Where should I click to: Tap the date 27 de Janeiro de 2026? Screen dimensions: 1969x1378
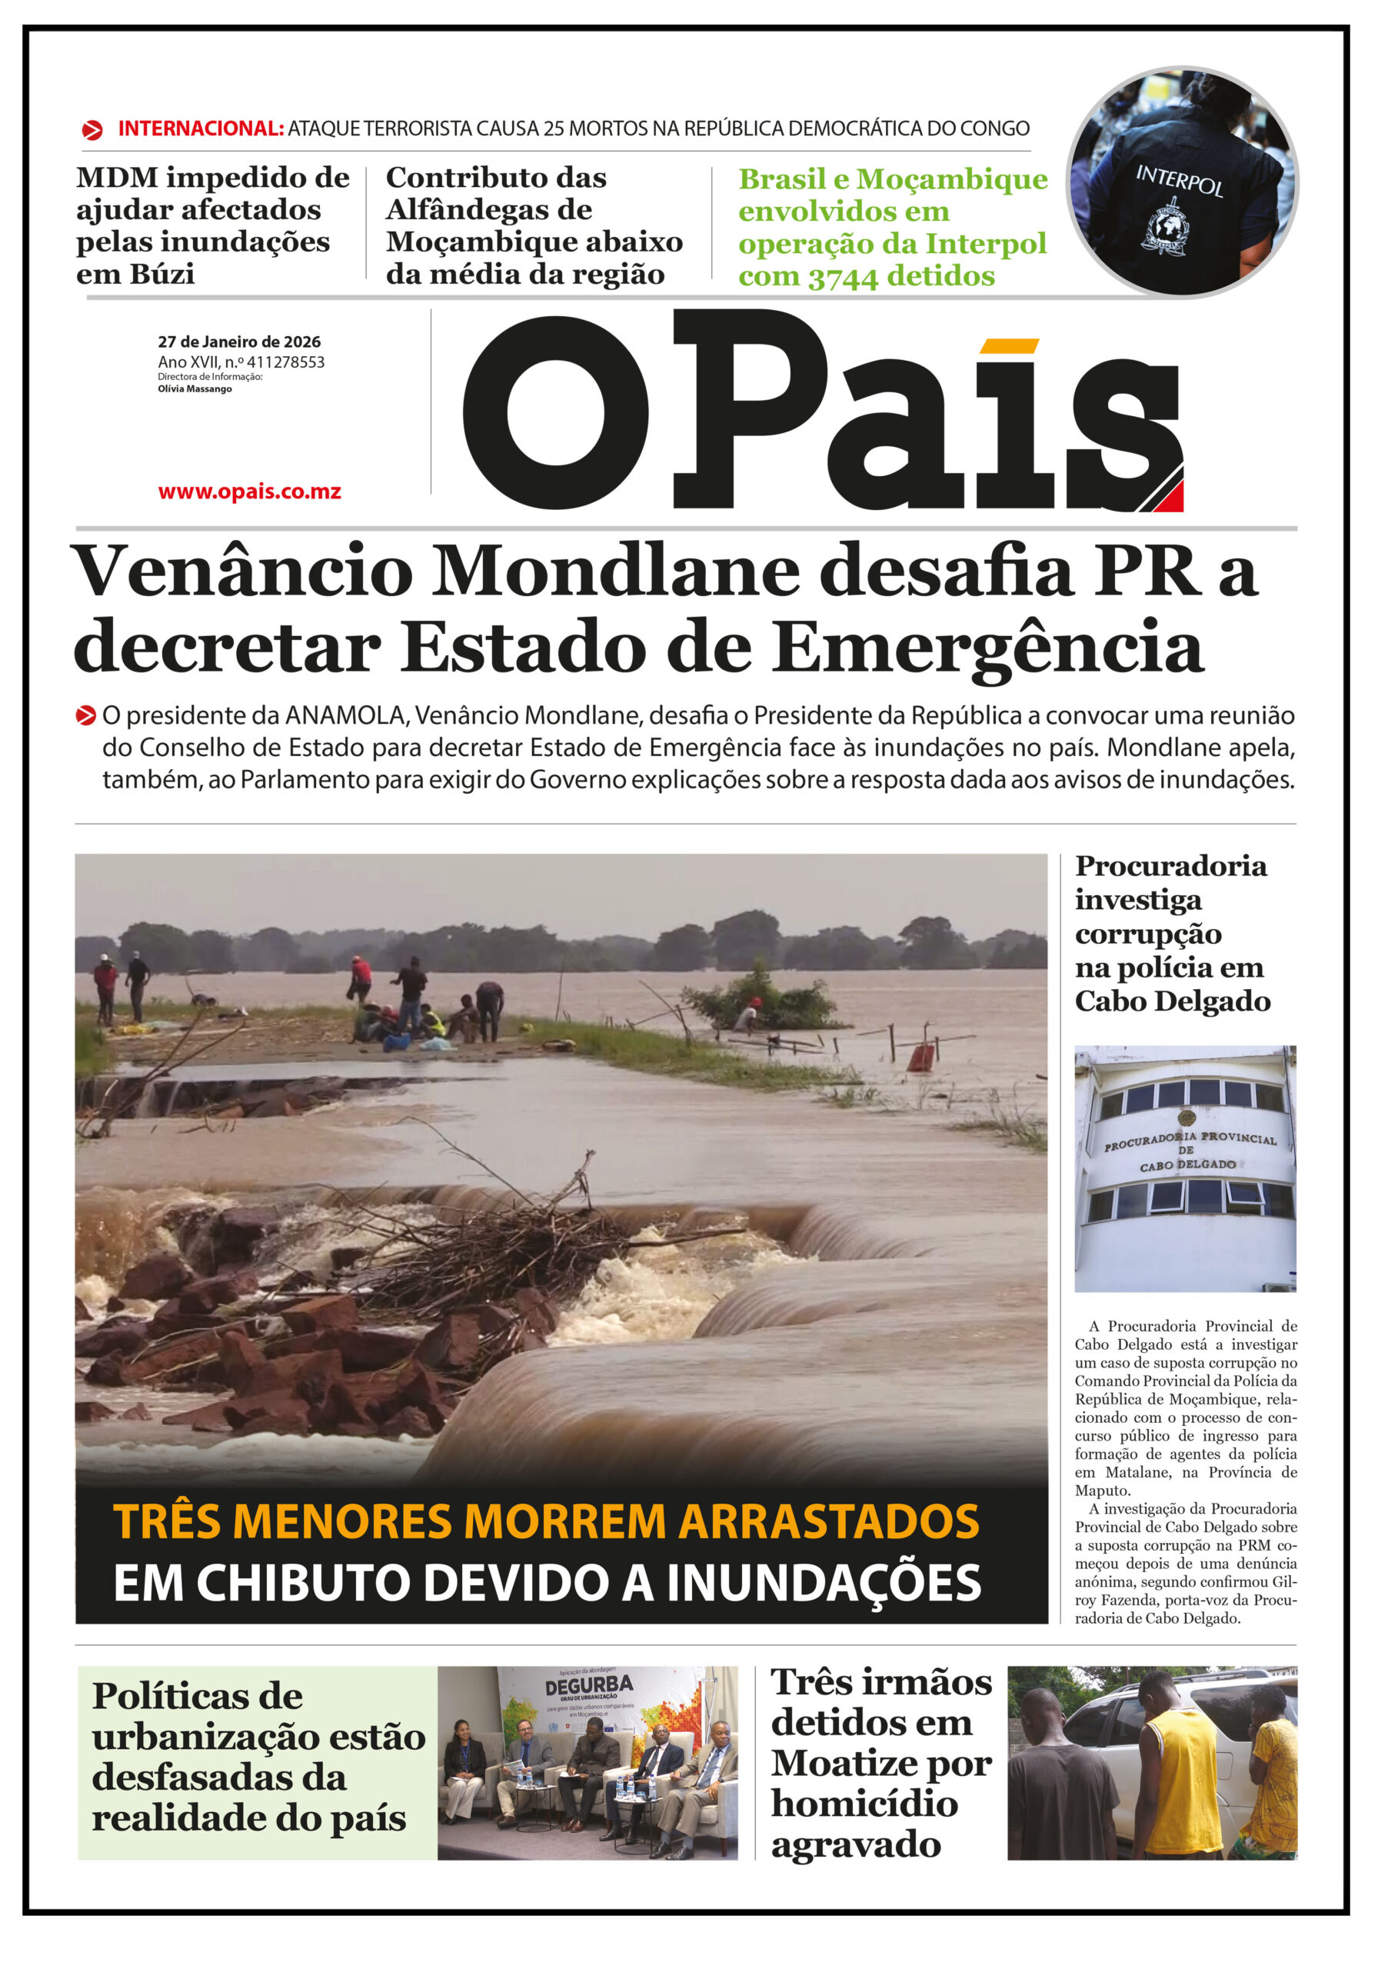tap(238, 341)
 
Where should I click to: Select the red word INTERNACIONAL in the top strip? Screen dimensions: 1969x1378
tap(201, 128)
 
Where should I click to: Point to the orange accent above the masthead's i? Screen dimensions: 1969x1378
tap(1008, 345)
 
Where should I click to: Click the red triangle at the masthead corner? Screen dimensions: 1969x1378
tap(1170, 498)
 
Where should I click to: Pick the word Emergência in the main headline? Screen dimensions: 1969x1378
tap(987, 648)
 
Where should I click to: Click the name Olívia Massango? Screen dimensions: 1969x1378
tap(195, 388)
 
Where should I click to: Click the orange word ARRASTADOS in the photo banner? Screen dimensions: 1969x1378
tap(828, 1522)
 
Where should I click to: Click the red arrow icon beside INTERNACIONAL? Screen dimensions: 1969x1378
tap(92, 130)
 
